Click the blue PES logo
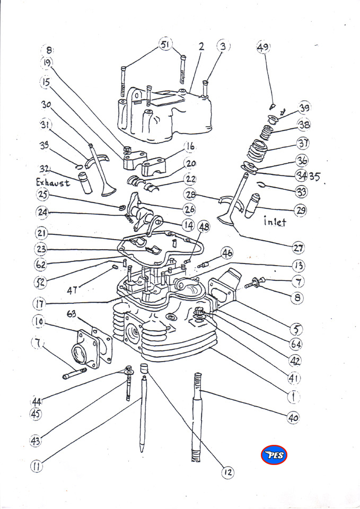tap(274, 454)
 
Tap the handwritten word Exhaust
tap(53, 182)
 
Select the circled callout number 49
tap(264, 47)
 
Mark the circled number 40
tap(293, 418)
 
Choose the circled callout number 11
tap(37, 467)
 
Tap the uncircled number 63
tap(72, 314)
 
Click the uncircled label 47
tap(75, 290)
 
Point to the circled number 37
tap(303, 143)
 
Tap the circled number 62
tap(41, 264)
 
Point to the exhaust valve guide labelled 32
tap(85, 183)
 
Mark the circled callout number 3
tap(223, 47)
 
